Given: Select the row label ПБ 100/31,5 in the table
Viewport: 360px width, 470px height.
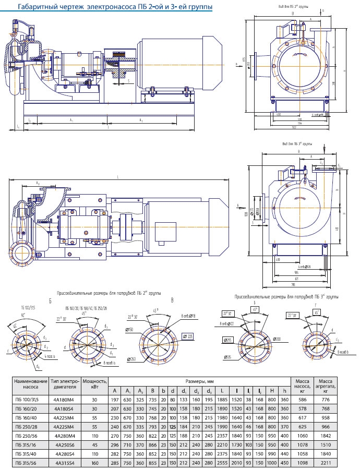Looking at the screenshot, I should [29, 400].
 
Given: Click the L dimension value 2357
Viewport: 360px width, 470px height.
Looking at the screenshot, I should [222, 436].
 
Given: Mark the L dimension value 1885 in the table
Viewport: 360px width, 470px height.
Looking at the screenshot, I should [222, 400].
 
